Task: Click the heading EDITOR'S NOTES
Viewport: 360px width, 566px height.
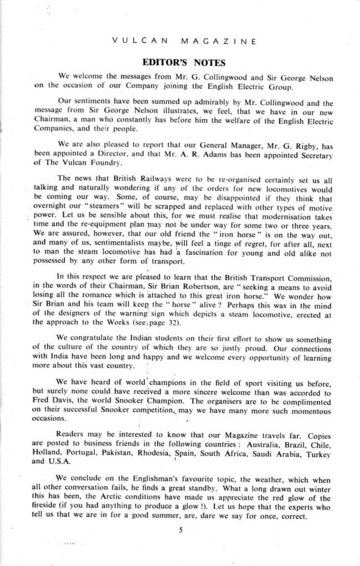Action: click(x=183, y=63)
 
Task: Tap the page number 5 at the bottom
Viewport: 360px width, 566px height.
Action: click(x=181, y=530)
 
